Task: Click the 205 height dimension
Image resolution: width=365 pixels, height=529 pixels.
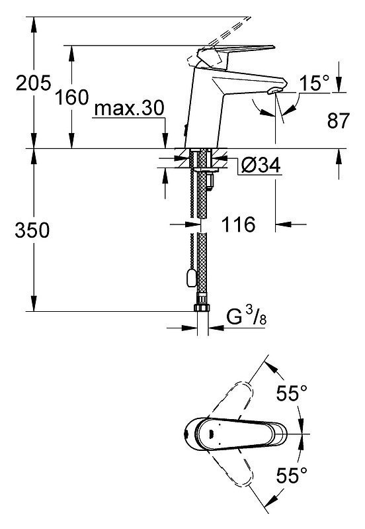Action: [x=33, y=83]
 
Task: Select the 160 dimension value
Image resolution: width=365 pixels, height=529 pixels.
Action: [x=72, y=97]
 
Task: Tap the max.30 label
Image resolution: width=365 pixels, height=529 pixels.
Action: [x=129, y=109]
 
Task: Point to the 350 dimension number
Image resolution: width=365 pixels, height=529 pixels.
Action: [x=32, y=230]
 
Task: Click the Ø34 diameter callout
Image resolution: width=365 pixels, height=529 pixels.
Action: [x=261, y=166]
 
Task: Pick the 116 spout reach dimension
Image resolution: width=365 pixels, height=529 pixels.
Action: [x=238, y=224]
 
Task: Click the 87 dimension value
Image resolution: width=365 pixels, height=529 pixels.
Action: [x=339, y=120]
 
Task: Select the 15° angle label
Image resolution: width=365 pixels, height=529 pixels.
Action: [x=314, y=83]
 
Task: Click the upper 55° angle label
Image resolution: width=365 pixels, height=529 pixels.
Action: [x=292, y=393]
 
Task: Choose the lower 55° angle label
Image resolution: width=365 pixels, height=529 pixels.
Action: [x=292, y=475]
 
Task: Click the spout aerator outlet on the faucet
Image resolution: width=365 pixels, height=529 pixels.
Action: [x=273, y=91]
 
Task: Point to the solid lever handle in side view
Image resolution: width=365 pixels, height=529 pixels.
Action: [x=233, y=55]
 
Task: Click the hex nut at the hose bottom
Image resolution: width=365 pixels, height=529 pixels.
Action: [x=202, y=307]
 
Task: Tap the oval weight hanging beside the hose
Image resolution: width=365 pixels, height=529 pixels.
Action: [x=190, y=278]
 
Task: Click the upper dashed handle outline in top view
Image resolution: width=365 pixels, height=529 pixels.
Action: [x=231, y=401]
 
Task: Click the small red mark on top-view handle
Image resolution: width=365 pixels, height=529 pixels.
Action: [x=212, y=434]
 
